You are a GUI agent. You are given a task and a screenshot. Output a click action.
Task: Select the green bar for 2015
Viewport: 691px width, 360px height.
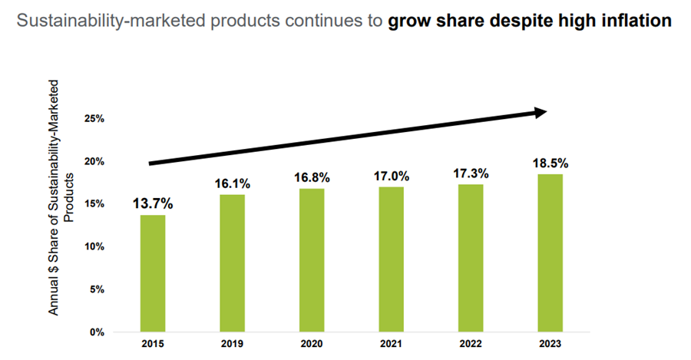(x=152, y=273)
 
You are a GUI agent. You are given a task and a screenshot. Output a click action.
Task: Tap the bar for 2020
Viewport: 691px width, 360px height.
(x=312, y=260)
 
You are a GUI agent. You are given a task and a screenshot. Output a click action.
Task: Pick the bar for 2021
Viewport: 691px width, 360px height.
(x=392, y=259)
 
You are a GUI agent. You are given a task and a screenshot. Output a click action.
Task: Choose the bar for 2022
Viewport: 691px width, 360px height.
(x=471, y=258)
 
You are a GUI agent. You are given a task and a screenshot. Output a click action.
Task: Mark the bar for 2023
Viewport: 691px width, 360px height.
(x=550, y=253)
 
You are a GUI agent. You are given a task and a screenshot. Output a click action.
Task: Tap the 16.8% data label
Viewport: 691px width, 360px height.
(x=312, y=177)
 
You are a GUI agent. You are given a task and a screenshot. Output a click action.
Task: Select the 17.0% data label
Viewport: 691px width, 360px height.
(x=392, y=176)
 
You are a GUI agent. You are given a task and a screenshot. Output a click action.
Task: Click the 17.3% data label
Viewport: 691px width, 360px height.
(x=471, y=173)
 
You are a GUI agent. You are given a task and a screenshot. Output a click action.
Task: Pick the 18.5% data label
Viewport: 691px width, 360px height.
(x=550, y=163)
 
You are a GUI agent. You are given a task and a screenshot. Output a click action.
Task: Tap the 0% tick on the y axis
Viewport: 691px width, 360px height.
(x=97, y=332)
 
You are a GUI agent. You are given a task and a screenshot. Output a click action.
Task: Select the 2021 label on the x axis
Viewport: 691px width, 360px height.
(x=392, y=345)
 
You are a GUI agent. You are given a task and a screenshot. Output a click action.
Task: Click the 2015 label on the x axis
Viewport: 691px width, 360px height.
(x=152, y=345)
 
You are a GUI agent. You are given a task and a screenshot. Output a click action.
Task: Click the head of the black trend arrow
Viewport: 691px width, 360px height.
(x=540, y=113)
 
